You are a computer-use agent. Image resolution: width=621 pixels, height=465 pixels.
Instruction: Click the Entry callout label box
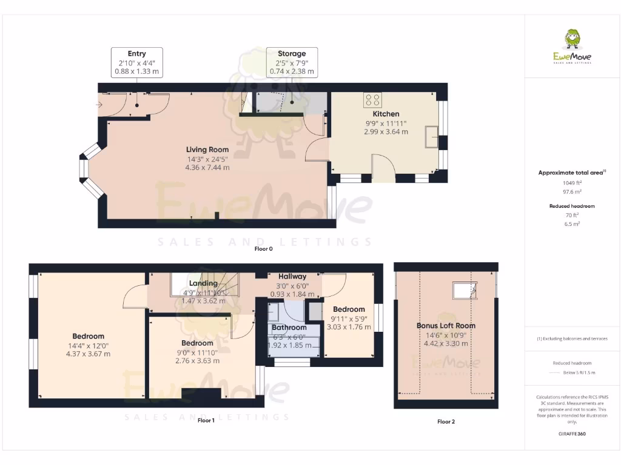(136, 62)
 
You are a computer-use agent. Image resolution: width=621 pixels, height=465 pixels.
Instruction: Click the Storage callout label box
(292, 62)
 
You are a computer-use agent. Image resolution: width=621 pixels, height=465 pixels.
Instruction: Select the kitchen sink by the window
(433, 136)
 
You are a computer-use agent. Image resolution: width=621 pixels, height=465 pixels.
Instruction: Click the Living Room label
(207, 150)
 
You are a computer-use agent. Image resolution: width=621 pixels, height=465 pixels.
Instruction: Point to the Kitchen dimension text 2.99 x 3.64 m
(386, 131)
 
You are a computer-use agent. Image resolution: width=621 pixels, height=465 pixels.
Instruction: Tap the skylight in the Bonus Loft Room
(464, 291)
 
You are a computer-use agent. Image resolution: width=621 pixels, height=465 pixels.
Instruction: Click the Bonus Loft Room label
(446, 326)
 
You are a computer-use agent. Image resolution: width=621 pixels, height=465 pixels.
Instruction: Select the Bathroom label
(289, 328)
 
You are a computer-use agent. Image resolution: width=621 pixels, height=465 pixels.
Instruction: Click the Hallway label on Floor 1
(292, 276)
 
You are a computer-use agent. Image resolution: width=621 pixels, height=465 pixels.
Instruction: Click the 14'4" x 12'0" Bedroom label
(88, 336)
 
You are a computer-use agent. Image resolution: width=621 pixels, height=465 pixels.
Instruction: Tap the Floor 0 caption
(264, 249)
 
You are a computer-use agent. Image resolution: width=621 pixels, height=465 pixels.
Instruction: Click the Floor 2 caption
(446, 421)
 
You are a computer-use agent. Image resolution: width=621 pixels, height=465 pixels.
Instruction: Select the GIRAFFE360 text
(572, 434)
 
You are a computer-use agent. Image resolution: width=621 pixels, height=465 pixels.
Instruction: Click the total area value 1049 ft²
(572, 182)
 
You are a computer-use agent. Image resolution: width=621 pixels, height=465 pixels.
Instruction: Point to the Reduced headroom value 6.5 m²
(572, 223)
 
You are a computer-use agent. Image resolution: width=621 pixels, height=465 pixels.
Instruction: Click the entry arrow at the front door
(99, 105)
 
